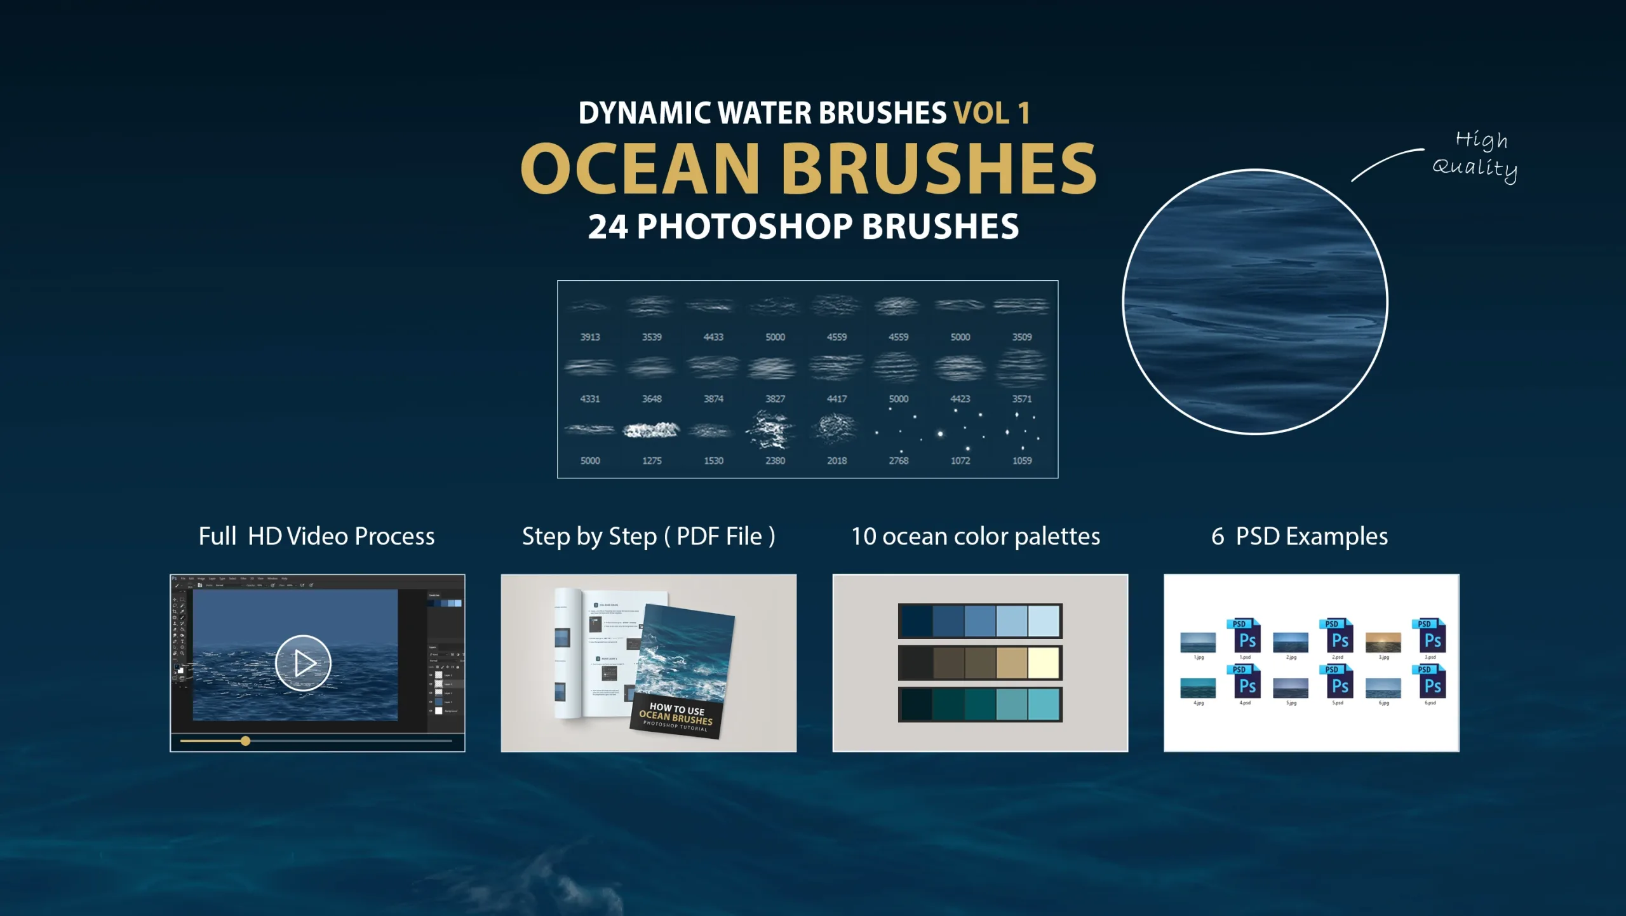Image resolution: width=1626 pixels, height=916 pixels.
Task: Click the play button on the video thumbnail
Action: point(303,663)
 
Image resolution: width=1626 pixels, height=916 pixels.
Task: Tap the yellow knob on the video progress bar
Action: point(246,741)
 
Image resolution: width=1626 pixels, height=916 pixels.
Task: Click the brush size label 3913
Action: point(589,337)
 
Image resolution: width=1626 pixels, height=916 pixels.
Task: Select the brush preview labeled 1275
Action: point(651,431)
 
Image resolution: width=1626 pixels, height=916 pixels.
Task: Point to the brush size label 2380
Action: point(775,461)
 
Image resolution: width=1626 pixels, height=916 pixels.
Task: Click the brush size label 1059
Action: point(1021,461)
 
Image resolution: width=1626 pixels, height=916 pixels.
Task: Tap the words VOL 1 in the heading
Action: point(991,113)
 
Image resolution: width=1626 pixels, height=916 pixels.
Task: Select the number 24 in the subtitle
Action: point(607,227)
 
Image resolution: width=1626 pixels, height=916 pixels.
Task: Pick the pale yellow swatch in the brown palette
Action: point(1044,663)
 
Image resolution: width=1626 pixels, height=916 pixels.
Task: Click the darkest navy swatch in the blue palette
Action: point(917,621)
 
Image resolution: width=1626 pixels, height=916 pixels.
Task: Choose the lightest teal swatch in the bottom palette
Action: point(1044,704)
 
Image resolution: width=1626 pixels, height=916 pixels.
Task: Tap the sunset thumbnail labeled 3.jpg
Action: point(1383,642)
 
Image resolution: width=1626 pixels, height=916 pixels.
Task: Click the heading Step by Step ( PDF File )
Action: point(648,536)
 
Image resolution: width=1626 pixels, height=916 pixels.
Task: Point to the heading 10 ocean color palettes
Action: point(976,536)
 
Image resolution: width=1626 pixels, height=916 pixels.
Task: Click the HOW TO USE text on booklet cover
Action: point(676,708)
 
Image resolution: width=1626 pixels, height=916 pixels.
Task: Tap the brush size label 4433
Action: point(713,337)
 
